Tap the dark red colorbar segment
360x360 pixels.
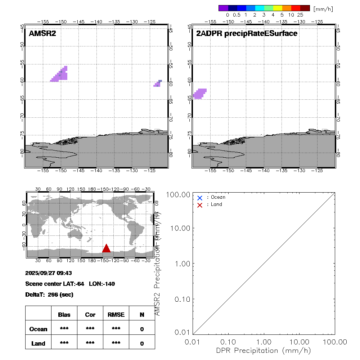[x=305, y=8]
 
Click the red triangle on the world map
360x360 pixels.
[x=106, y=248]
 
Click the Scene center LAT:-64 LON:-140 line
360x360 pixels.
[x=70, y=284]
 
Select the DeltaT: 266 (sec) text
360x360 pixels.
[x=49, y=294]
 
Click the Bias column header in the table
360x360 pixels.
[x=64, y=315]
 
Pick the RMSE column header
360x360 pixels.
[x=116, y=315]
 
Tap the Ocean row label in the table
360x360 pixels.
[x=38, y=329]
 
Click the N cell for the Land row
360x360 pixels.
[x=142, y=343]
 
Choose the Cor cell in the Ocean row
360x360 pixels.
[x=90, y=329]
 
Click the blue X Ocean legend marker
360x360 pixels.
[x=200, y=198]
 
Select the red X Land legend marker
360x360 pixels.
[x=200, y=205]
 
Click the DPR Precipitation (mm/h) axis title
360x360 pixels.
[x=264, y=350]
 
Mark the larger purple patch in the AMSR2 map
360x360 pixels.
[x=60, y=75]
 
